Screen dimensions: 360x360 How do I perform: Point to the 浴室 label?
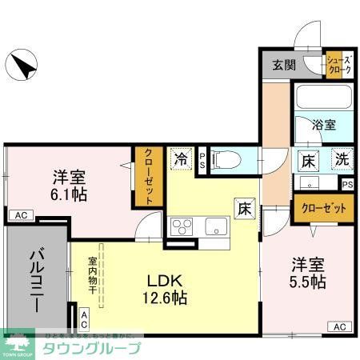tap(323, 126)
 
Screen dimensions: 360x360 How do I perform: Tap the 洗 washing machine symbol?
tap(342, 158)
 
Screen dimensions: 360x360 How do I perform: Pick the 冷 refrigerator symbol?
tap(182, 158)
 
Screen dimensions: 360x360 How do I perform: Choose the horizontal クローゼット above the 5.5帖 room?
tap(323, 209)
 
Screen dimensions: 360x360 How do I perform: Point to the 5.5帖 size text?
tap(307, 282)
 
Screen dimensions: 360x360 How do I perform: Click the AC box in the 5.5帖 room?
tap(339, 326)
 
